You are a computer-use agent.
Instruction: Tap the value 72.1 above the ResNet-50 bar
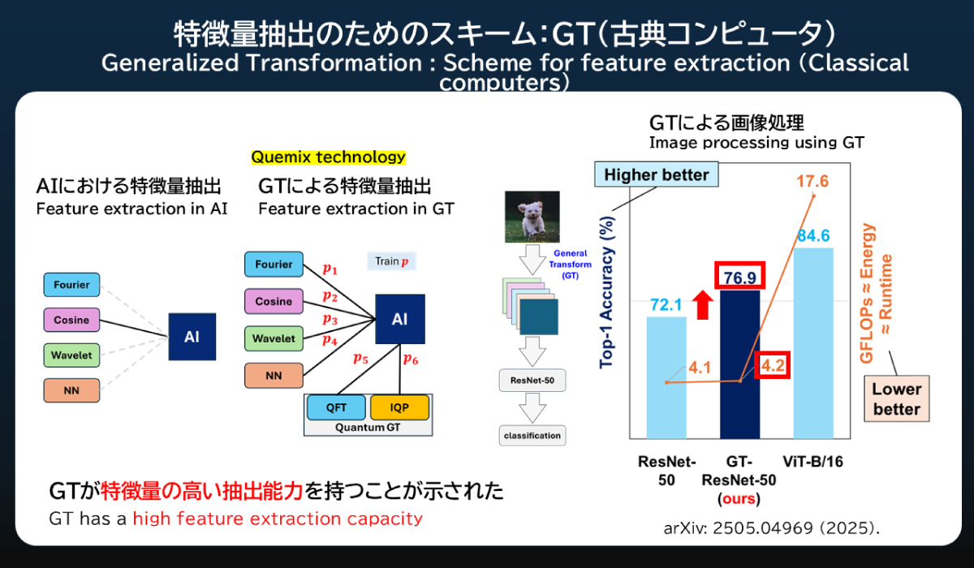(666, 305)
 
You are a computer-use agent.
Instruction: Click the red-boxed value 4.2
(773, 365)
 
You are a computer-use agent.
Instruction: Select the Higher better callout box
(656, 174)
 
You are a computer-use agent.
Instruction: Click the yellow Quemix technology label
(328, 157)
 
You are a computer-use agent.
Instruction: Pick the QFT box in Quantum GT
(336, 407)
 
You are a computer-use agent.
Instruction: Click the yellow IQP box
(399, 407)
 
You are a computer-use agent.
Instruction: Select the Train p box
(391, 261)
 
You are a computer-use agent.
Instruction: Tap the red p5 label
(360, 358)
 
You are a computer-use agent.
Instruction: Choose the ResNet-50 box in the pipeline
(531, 379)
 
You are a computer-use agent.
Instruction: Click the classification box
(532, 436)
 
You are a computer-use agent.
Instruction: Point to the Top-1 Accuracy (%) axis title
(606, 296)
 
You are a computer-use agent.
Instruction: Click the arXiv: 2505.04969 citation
(771, 528)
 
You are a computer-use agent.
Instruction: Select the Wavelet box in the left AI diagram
(72, 355)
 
